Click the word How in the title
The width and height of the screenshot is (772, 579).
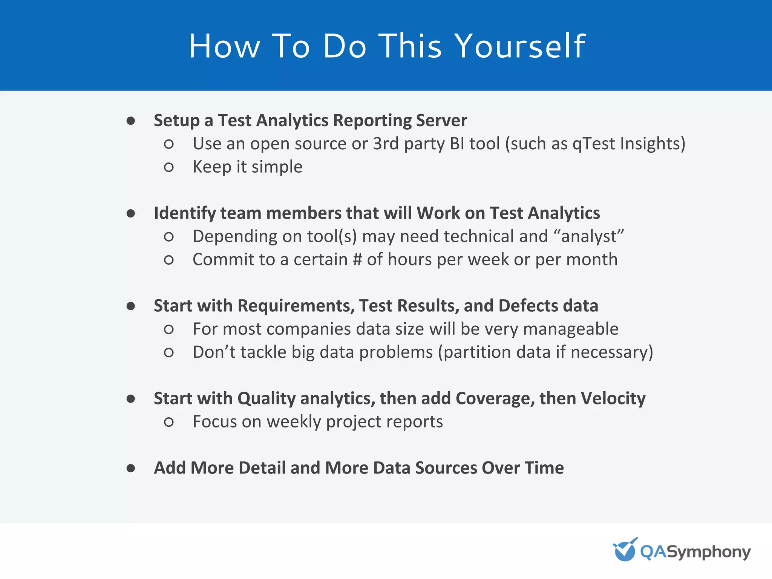pyautogui.click(x=224, y=46)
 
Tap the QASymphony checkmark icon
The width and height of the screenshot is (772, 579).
pyautogui.click(x=625, y=550)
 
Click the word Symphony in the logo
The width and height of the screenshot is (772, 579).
pyautogui.click(x=709, y=552)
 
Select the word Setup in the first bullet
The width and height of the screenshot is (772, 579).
pyautogui.click(x=176, y=121)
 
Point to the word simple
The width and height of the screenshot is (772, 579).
pyautogui.click(x=277, y=167)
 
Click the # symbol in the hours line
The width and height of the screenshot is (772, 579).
pyautogui.click(x=357, y=260)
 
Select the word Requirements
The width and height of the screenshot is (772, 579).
pyautogui.click(x=296, y=306)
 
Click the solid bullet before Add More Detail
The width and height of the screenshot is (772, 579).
pyautogui.click(x=131, y=468)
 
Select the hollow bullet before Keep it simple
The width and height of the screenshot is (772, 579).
pyautogui.click(x=168, y=167)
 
